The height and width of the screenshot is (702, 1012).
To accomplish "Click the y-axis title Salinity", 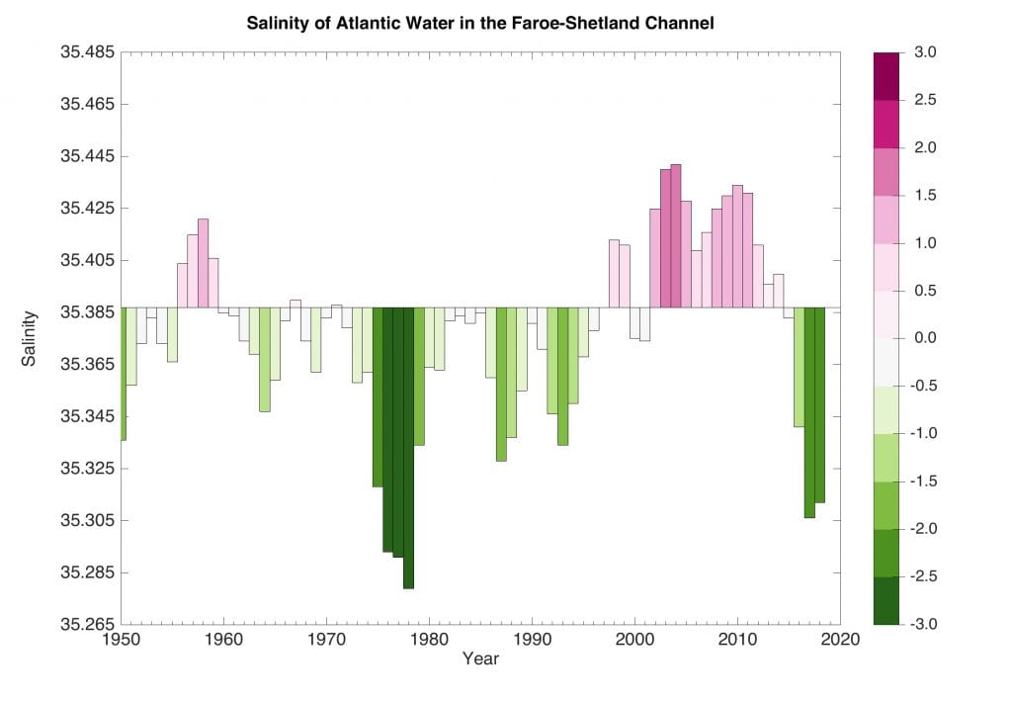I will [x=29, y=339].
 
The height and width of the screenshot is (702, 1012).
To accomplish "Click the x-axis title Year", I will [x=480, y=658].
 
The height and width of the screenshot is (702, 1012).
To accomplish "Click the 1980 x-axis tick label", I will [x=429, y=641].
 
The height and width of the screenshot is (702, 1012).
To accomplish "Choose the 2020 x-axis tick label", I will [x=840, y=641].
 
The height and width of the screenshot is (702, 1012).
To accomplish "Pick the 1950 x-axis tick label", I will [x=122, y=641].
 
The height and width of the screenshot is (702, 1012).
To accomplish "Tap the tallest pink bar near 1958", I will [x=204, y=263].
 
